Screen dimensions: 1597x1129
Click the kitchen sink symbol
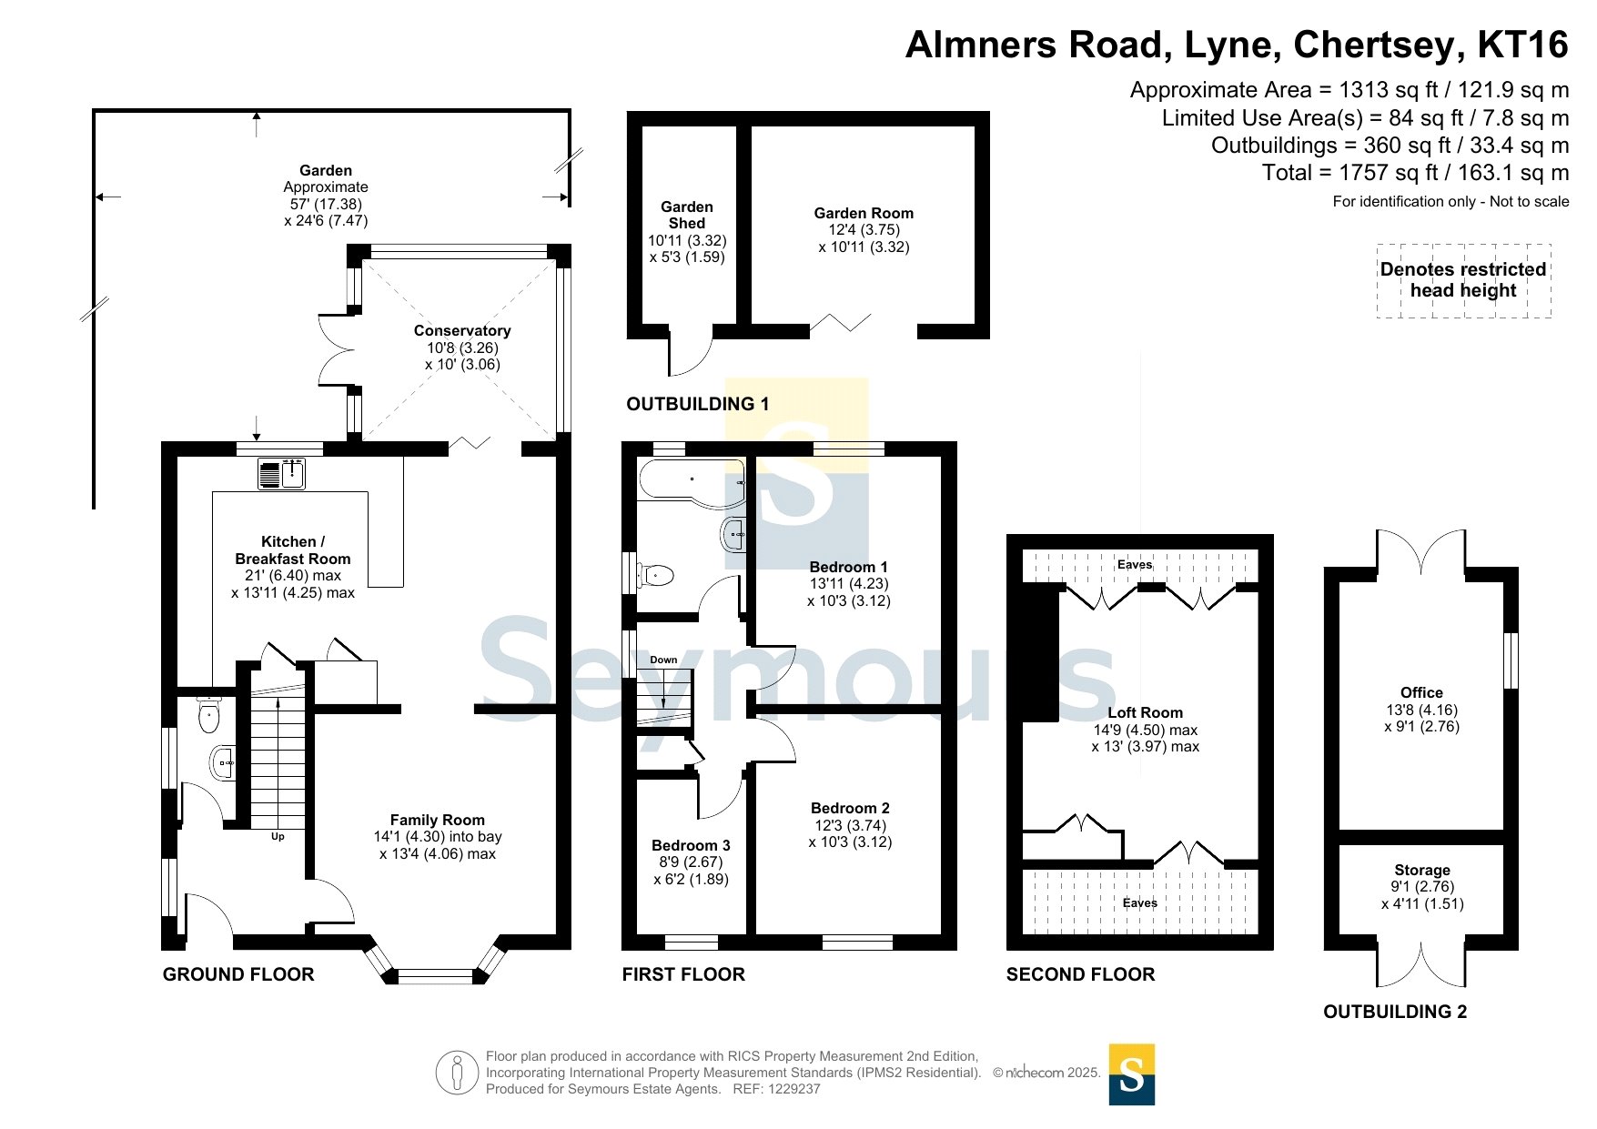(x=281, y=474)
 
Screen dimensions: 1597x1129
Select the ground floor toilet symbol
(x=209, y=714)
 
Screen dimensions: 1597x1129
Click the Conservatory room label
(x=462, y=331)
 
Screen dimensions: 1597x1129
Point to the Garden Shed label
(x=687, y=215)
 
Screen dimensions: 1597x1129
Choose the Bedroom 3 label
(x=691, y=845)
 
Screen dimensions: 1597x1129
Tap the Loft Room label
(x=1145, y=713)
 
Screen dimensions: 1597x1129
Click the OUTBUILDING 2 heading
(x=1395, y=1012)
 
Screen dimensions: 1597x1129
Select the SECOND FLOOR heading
(x=1080, y=974)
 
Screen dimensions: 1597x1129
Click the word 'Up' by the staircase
(x=278, y=836)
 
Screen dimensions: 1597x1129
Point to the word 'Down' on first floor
(x=663, y=660)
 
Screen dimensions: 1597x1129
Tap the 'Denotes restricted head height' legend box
(x=1463, y=280)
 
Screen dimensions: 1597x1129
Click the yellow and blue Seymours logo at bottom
(x=1132, y=1074)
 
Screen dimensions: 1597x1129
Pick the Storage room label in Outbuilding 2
(x=1422, y=871)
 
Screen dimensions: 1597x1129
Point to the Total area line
(x=1415, y=173)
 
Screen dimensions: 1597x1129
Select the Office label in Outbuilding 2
(x=1421, y=693)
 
